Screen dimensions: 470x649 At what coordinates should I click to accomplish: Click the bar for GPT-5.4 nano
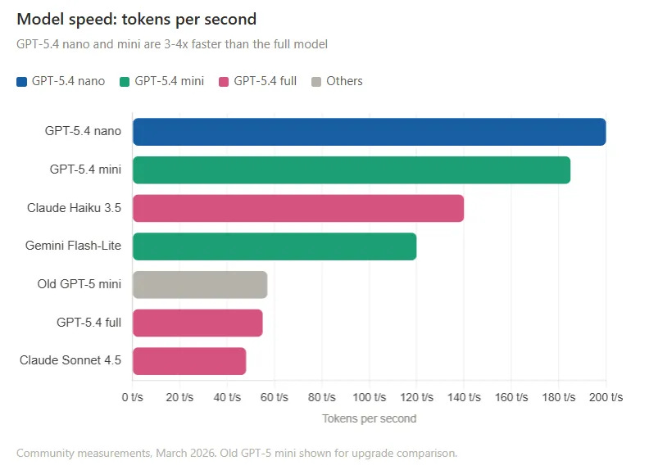tap(369, 132)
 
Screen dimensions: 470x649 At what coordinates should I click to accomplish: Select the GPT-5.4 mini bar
tap(351, 170)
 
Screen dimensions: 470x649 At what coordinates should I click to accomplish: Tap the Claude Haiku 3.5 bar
tap(298, 208)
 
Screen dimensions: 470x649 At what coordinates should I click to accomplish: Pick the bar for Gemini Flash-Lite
tap(275, 246)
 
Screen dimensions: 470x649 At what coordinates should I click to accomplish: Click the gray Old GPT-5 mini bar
tap(200, 284)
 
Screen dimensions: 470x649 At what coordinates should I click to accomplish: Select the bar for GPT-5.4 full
tap(197, 323)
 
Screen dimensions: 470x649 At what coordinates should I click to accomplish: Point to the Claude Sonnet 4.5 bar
tap(189, 361)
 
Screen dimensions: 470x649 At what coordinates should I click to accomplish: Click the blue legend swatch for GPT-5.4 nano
tap(22, 81)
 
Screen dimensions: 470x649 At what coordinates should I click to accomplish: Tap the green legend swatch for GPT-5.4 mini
tap(125, 81)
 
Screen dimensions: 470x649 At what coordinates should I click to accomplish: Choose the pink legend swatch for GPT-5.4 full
tap(224, 81)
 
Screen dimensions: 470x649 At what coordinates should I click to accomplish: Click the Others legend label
tap(344, 81)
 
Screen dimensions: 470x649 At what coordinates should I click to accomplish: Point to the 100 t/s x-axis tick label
tap(369, 397)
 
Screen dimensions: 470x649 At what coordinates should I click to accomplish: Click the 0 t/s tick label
tap(133, 397)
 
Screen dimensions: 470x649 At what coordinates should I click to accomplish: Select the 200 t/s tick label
tap(606, 397)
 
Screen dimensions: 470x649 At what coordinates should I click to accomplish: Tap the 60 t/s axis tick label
tap(275, 397)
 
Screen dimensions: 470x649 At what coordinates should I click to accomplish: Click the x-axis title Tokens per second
tap(369, 418)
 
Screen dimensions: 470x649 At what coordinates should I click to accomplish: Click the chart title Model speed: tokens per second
tap(136, 19)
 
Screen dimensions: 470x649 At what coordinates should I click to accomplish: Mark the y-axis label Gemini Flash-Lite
tap(73, 246)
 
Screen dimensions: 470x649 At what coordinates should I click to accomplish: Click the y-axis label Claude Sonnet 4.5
tap(70, 361)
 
